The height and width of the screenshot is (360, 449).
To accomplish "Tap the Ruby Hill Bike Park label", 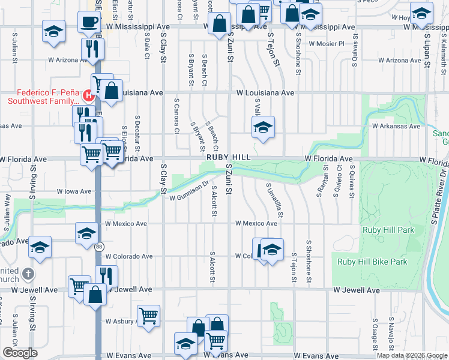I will coord(372,262).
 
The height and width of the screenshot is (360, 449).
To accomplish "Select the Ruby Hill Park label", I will coord(388,230).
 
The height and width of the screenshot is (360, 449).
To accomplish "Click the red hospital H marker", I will coord(89,94).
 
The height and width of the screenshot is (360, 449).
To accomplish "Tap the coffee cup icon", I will coord(89,22).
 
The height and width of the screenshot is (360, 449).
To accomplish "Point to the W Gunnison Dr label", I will coord(188,191).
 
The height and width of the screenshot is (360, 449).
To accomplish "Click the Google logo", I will coord(20,353).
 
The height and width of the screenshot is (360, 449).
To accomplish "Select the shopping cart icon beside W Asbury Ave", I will coord(148,316).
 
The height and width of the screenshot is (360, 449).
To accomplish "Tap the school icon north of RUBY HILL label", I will coord(263,127).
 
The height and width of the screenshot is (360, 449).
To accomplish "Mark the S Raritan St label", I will coord(319,183).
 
